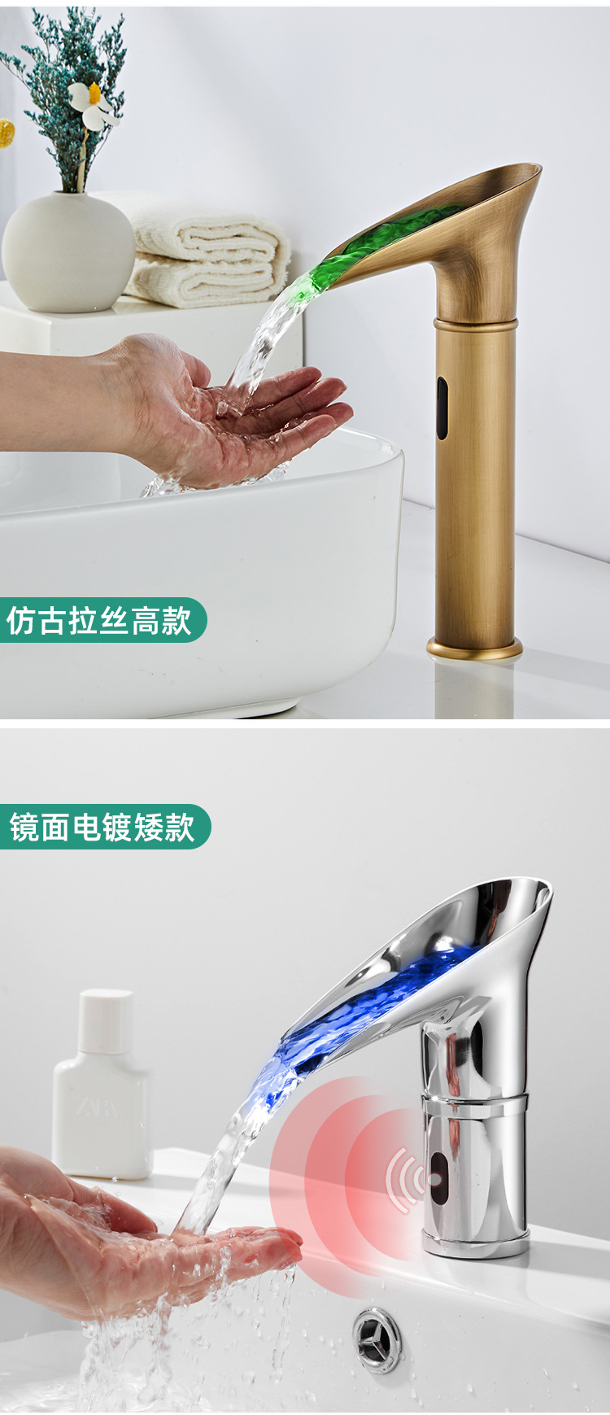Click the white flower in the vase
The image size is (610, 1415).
91,105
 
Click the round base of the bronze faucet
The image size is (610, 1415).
475,648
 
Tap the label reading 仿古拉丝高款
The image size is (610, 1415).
100,620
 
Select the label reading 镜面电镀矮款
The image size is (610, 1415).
102,827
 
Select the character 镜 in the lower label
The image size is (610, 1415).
25,827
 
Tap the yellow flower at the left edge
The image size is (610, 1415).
7,133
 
